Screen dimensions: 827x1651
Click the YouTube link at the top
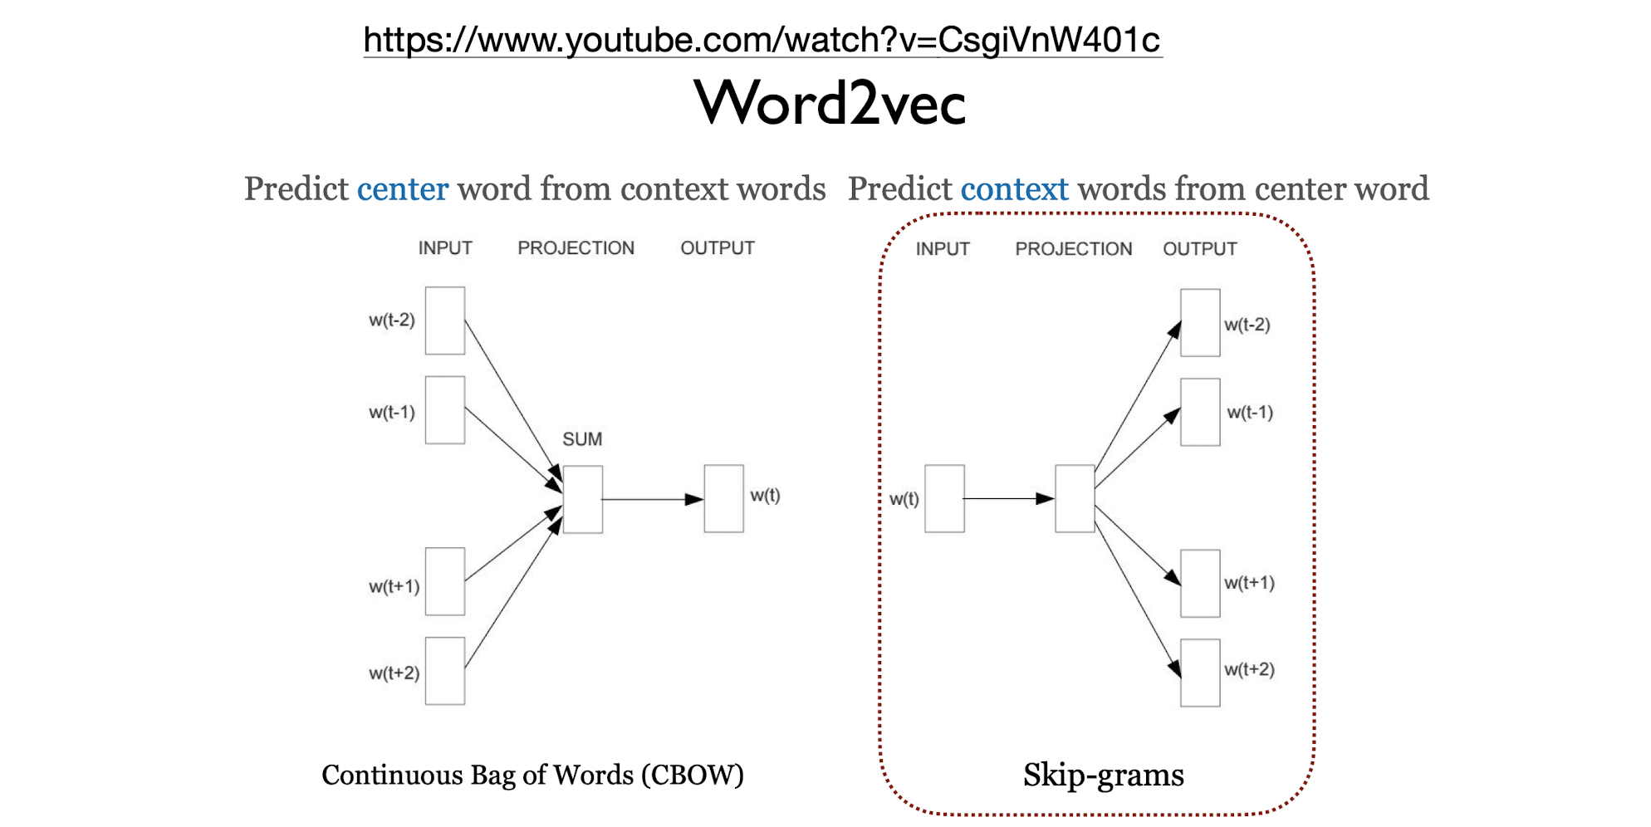(x=762, y=40)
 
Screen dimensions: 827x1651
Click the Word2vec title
(x=830, y=104)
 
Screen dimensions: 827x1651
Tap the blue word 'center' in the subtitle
(x=403, y=189)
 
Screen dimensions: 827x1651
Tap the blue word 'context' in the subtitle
(x=1014, y=189)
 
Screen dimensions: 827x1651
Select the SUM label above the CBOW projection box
(x=582, y=438)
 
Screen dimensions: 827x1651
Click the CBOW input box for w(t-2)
(x=445, y=321)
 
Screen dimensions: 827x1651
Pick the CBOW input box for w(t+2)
(x=445, y=671)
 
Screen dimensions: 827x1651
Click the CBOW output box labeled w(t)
(x=723, y=498)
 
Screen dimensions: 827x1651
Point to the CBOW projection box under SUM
(x=582, y=499)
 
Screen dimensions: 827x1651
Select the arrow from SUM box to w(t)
(x=652, y=499)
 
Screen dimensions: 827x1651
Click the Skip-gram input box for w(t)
(x=944, y=498)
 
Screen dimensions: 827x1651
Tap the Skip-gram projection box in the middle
(x=1075, y=498)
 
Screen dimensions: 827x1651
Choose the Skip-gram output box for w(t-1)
(x=1200, y=412)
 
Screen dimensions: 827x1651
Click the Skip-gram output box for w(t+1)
(x=1200, y=583)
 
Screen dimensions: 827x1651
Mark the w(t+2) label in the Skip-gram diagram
(x=1249, y=669)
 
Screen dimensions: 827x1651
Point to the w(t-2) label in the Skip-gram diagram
(x=1247, y=325)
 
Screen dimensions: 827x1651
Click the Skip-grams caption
(x=1103, y=775)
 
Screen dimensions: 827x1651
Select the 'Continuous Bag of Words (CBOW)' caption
(x=532, y=775)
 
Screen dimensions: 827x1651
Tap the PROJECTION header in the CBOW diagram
(x=576, y=248)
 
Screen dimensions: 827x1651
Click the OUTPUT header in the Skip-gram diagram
(x=1199, y=249)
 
